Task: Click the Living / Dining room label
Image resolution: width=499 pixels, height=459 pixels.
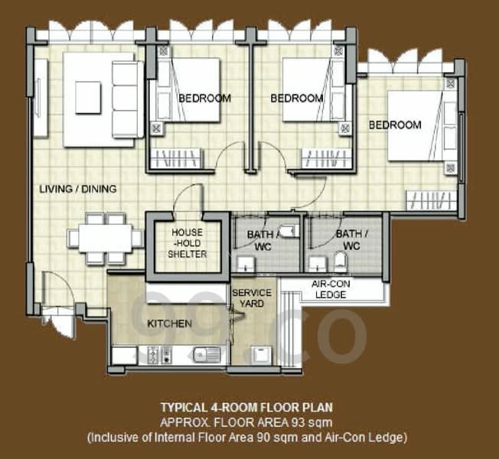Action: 77,189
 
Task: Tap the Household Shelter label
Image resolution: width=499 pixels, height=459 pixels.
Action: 188,243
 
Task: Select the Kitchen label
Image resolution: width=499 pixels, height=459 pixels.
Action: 170,324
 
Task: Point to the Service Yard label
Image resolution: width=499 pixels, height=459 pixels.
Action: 252,298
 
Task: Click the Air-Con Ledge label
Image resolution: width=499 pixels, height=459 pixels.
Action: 331,289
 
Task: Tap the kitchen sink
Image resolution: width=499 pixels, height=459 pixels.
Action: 207,355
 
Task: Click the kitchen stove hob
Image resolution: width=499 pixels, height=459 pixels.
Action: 159,355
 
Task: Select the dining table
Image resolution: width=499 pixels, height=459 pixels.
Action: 106,238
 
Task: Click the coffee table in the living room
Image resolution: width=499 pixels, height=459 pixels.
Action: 88,97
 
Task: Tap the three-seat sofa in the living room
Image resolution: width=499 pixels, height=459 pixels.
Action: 127,100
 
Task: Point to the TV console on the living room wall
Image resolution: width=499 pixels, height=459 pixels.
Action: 41,98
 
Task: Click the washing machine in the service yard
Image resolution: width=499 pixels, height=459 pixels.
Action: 261,355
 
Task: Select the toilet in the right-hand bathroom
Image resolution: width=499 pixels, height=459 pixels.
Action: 341,262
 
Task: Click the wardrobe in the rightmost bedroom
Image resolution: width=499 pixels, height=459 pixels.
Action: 431,200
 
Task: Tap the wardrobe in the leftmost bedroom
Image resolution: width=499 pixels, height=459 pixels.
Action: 177,158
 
